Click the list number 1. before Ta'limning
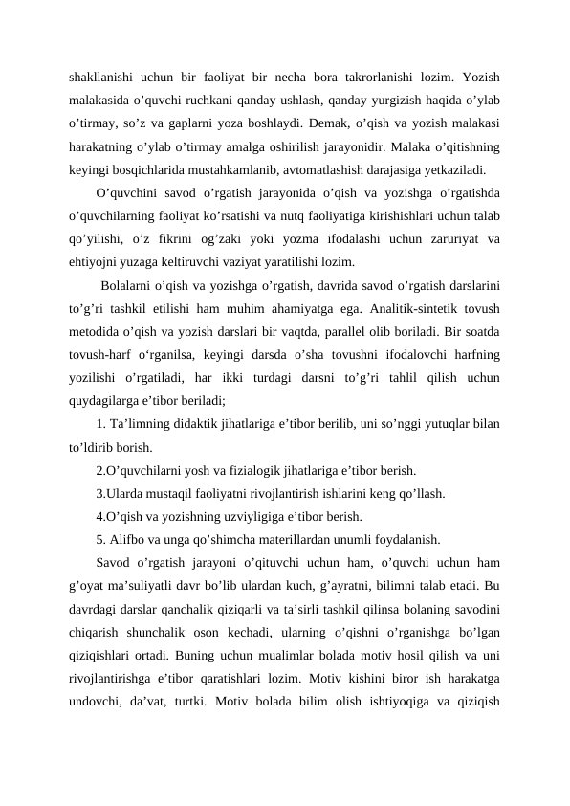coord(102,425)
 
